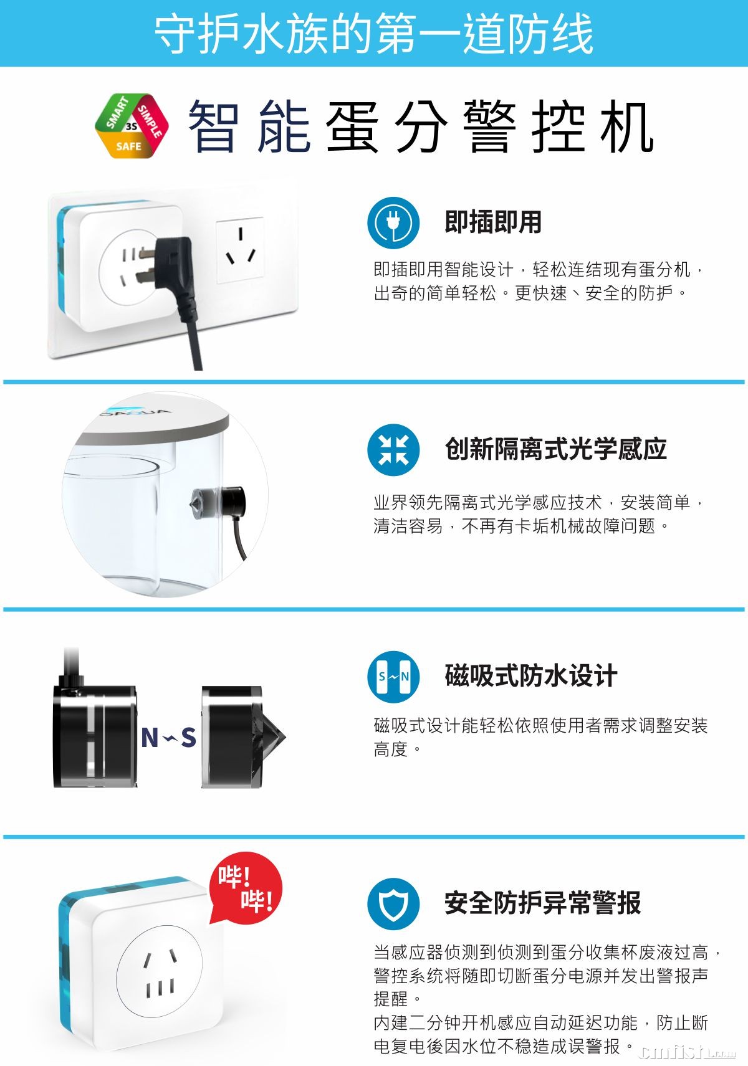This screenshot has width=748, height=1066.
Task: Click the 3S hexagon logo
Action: [x=132, y=126]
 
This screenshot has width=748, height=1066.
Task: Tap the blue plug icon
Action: [x=393, y=222]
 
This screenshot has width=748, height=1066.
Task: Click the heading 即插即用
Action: [x=493, y=222]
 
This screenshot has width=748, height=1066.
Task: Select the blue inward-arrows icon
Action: [x=393, y=450]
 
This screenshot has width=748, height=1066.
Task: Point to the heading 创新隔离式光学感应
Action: [x=555, y=449]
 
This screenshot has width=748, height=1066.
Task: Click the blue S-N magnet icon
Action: [x=393, y=677]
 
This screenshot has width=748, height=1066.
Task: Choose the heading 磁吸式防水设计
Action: [x=531, y=676]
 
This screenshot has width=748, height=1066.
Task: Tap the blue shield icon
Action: [x=393, y=904]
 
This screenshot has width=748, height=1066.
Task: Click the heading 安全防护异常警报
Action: [x=543, y=903]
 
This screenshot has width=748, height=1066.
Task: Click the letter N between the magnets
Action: [x=150, y=738]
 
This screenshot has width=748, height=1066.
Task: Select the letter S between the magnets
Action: [x=189, y=738]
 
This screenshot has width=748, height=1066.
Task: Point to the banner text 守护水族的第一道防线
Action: [x=374, y=33]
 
